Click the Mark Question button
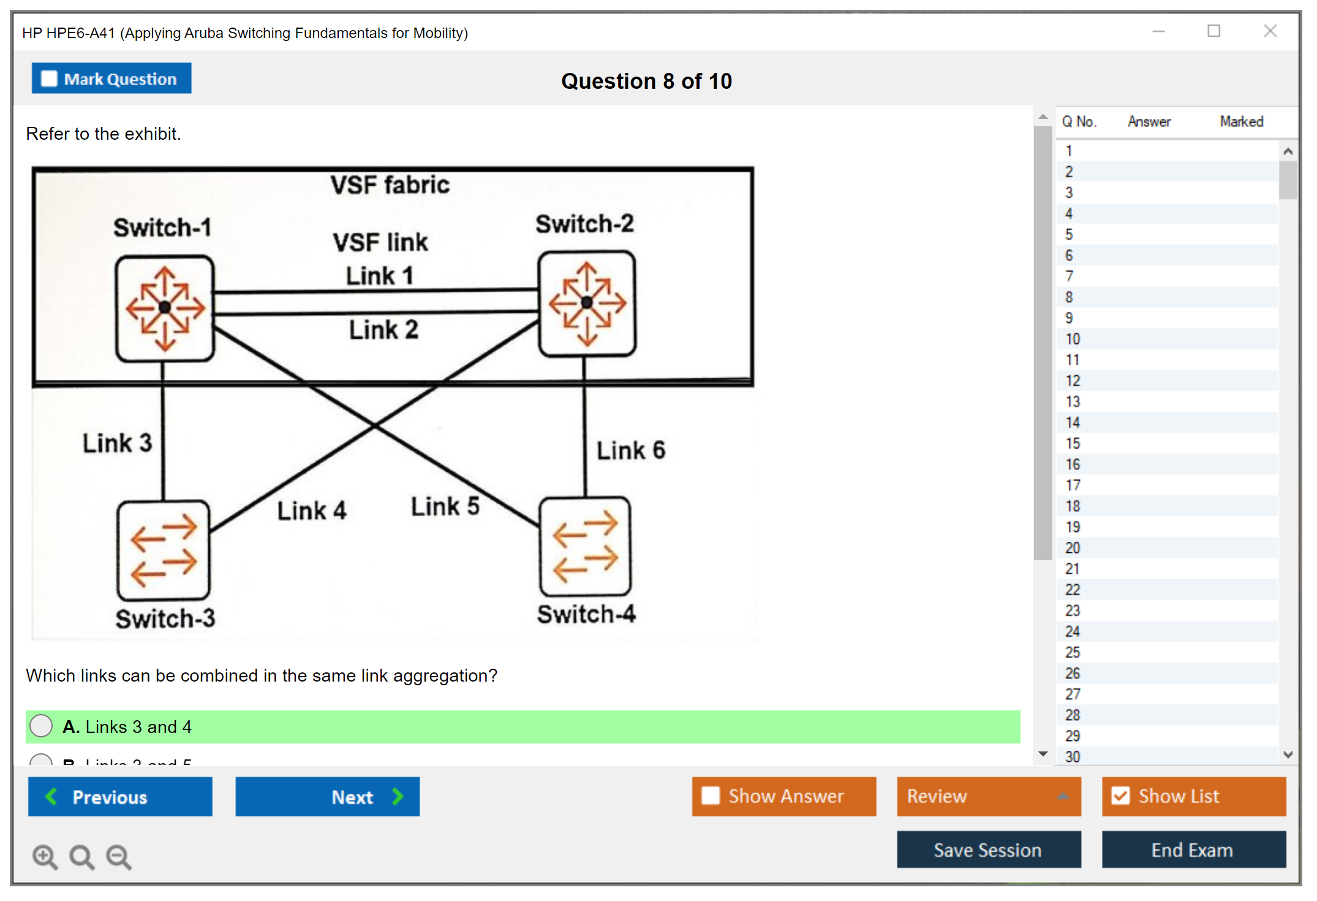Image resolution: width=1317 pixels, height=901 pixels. coord(111,78)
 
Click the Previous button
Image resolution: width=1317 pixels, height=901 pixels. coord(120,797)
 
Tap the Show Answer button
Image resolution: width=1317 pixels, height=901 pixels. coord(783,796)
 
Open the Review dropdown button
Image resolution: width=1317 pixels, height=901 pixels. coord(988,796)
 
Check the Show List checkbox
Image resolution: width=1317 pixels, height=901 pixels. coord(1121,796)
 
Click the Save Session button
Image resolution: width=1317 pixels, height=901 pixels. coord(988,850)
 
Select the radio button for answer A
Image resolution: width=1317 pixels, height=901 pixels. coord(42,726)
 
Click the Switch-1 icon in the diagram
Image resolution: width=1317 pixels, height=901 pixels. coord(165,308)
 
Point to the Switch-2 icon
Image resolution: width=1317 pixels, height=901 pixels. coord(587,303)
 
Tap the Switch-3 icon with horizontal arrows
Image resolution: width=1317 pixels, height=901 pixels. coord(164,550)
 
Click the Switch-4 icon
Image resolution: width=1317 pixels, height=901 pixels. coord(585,546)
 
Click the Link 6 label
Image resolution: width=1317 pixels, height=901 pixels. coord(631,450)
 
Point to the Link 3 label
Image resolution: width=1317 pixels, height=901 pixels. coord(117,443)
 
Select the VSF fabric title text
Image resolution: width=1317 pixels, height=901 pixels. coord(390,185)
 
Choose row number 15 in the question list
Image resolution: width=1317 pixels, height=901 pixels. coord(1073,443)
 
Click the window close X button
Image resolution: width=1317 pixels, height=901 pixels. coord(1270,31)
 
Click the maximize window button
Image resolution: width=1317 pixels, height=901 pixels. coord(1213,31)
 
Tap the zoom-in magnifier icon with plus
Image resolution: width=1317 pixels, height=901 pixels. coord(45,857)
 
